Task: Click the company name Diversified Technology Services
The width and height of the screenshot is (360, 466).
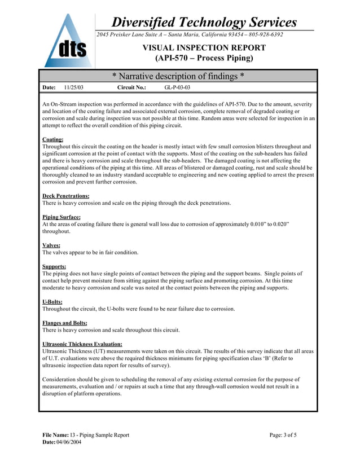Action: [x=204, y=23]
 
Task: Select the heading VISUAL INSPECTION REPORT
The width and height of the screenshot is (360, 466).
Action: [x=204, y=48]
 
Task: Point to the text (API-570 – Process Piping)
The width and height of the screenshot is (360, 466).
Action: [x=204, y=58]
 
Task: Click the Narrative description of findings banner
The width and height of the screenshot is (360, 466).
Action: [x=178, y=76]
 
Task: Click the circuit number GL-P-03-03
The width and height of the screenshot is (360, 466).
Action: [x=177, y=88]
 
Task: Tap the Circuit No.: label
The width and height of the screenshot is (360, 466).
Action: [x=131, y=88]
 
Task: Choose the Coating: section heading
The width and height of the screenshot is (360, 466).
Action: [x=53, y=139]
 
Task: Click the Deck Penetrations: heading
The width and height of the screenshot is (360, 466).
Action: [x=66, y=196]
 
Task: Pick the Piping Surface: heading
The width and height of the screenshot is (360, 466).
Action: [x=62, y=217]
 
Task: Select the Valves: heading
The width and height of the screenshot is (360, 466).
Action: [x=51, y=245]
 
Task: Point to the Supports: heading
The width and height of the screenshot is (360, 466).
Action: [x=54, y=266]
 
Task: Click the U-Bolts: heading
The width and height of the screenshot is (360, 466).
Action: [x=52, y=302]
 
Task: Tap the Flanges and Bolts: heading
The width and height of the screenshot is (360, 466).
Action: [x=65, y=323]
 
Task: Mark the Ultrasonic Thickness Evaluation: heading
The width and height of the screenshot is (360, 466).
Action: [x=82, y=344]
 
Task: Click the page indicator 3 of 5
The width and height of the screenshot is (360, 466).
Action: [x=289, y=435]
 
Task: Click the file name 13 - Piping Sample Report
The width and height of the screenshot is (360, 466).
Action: [x=99, y=435]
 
